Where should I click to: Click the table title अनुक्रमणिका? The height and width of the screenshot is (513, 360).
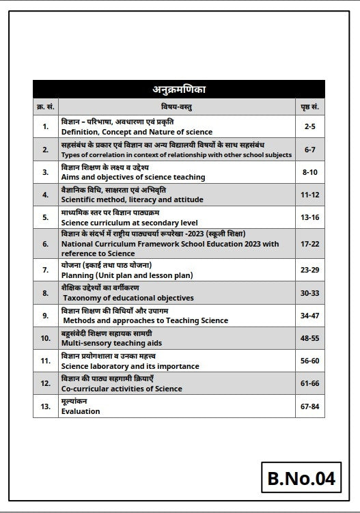pos(180,90)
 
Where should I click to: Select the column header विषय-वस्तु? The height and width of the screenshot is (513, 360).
pos(180,107)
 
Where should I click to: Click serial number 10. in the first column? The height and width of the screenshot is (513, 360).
pos(46,337)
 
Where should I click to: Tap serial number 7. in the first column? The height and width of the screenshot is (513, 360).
pos(46,270)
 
